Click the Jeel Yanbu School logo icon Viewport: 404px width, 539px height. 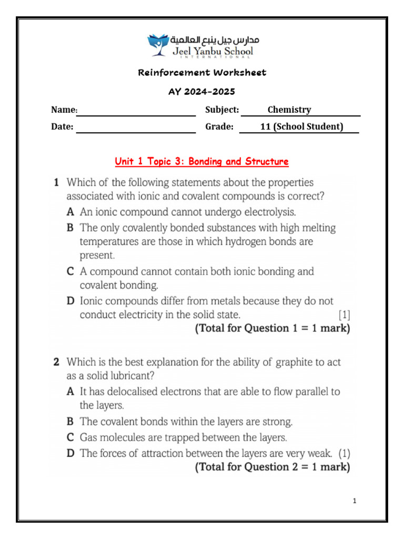(x=157, y=45)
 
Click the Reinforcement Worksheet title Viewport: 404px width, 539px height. (x=202, y=73)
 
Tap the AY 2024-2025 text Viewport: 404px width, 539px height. (x=201, y=92)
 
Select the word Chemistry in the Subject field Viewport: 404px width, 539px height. (x=289, y=110)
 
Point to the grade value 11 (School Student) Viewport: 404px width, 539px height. (x=301, y=127)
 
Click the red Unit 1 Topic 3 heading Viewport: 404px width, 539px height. (x=201, y=162)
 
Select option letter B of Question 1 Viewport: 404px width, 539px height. (x=69, y=228)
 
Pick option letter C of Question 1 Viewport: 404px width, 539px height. (x=69, y=272)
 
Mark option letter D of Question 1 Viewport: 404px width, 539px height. (x=70, y=301)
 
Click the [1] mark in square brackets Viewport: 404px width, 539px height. (x=344, y=315)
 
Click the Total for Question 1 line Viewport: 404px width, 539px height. (x=272, y=329)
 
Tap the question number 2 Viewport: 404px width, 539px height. (x=56, y=363)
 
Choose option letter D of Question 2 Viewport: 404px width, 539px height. (x=70, y=453)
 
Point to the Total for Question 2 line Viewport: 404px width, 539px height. (x=272, y=467)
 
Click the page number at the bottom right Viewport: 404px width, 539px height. (x=355, y=501)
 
